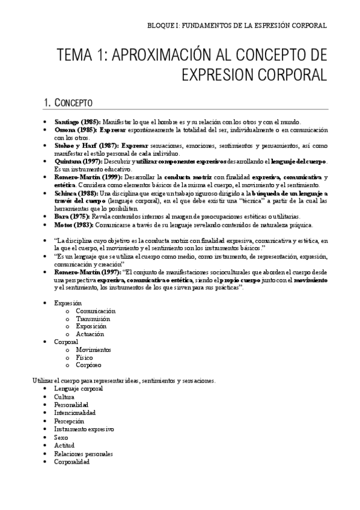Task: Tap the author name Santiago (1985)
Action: coord(78,121)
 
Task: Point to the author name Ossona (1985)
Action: coord(75,129)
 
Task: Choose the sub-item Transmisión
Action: coord(93,319)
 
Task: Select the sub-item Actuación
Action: coord(90,334)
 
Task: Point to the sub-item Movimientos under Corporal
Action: coord(93,349)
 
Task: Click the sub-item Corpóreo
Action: coord(88,364)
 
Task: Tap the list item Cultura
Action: coord(64,397)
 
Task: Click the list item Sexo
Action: coord(61,438)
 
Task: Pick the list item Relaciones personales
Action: coord(83,454)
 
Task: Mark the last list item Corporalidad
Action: coord(72,462)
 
